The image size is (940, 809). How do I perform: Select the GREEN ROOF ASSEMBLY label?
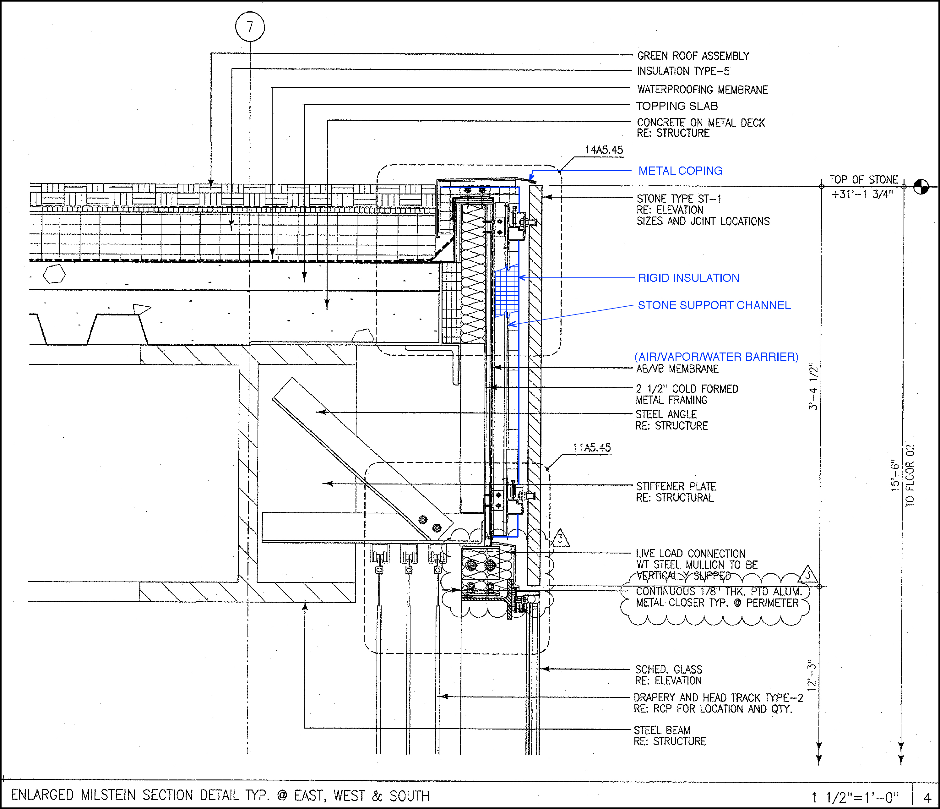tap(693, 56)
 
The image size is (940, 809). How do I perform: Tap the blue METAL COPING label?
tap(680, 171)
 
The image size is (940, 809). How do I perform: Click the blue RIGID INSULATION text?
tap(688, 278)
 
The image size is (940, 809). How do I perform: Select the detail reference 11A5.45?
tap(592, 447)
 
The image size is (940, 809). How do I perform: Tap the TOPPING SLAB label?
tap(676, 106)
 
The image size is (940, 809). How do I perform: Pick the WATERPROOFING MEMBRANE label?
tap(702, 90)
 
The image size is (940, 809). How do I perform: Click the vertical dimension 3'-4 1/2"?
tap(813, 386)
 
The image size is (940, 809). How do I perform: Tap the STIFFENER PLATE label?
tap(676, 486)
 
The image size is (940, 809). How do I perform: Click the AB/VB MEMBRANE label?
tap(677, 369)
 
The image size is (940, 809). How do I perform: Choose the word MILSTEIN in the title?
tap(107, 795)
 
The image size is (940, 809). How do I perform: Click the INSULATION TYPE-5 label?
tap(683, 71)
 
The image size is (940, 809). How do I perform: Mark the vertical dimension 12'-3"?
tap(812, 675)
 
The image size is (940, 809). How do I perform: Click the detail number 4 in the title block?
tap(927, 797)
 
